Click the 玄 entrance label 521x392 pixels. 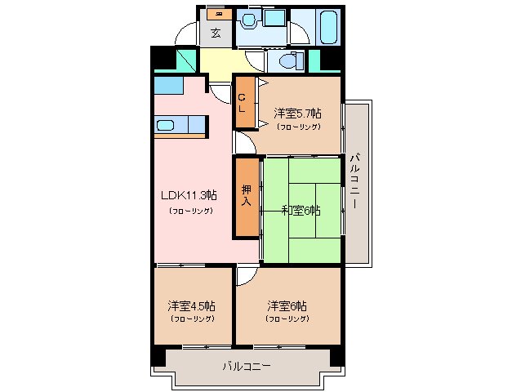point(216,33)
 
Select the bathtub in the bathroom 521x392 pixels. point(328,29)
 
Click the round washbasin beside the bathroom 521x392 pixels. point(250,19)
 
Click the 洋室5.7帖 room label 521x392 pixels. point(297,114)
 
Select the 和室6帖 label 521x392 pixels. point(301,210)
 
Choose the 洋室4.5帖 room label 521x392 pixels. point(191,305)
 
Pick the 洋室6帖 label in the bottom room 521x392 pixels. point(287,305)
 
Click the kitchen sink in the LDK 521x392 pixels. point(166,125)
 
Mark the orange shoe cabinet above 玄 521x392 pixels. point(216,13)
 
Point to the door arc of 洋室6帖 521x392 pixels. point(246,278)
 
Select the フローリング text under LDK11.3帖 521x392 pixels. point(192,211)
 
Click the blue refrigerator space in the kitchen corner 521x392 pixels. point(167,85)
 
